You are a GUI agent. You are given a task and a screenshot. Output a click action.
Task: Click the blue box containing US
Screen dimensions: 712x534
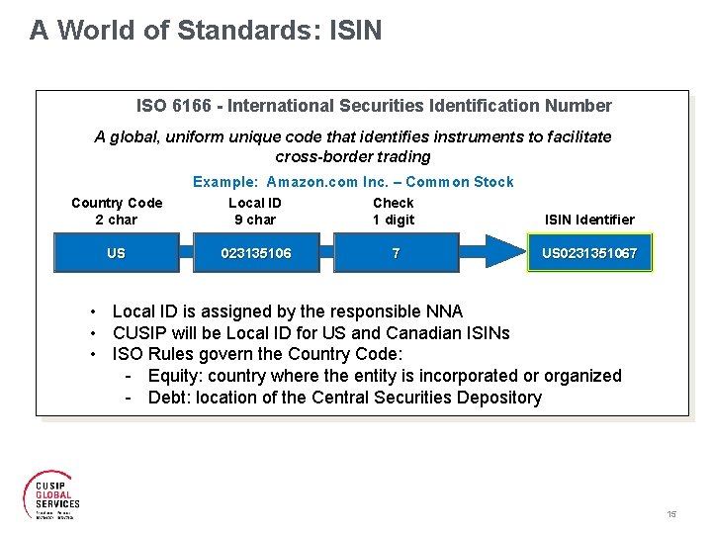pos(117,253)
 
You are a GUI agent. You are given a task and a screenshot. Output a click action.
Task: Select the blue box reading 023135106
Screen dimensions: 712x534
pos(256,253)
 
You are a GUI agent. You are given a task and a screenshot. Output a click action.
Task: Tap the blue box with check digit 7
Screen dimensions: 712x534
pos(396,253)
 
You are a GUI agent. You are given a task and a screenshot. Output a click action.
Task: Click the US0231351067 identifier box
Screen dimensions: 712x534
pos(589,253)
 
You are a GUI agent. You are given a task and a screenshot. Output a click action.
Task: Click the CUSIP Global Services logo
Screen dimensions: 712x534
pos(51,491)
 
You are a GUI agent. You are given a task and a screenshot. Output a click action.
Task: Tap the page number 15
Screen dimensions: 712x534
pos(671,514)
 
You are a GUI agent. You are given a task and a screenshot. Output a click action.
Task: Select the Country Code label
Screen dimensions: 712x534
pos(117,203)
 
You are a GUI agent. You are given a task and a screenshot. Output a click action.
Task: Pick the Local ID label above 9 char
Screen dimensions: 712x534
pos(255,203)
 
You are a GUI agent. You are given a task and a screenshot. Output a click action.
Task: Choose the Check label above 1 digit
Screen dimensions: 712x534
pos(394,203)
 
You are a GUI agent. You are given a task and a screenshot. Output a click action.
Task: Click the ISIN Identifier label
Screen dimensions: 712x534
pos(589,220)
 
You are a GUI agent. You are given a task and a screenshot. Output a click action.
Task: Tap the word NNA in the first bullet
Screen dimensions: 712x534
pos(443,311)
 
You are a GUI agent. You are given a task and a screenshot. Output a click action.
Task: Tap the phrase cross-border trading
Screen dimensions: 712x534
pos(353,156)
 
